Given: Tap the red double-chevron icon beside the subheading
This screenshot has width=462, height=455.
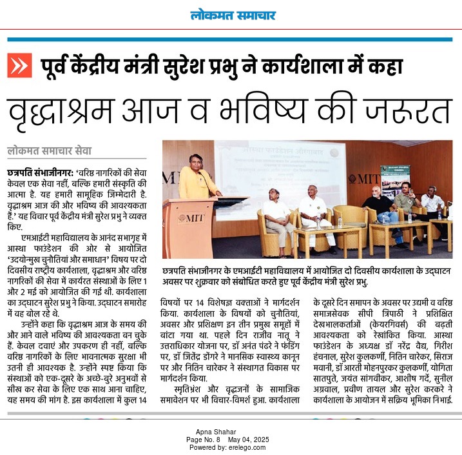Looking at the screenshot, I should coord(19,65).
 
